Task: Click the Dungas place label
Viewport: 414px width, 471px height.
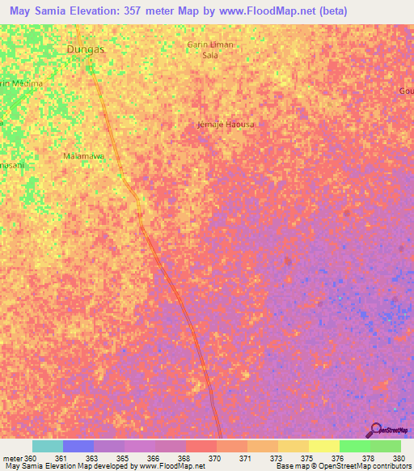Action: tap(86, 49)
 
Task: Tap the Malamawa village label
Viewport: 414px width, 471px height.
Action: tap(84, 155)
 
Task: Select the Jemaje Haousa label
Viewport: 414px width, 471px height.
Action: tap(221, 125)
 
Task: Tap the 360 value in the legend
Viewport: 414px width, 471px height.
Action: tap(31, 458)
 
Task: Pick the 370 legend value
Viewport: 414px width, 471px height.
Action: tap(214, 458)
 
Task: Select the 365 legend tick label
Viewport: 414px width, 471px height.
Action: tap(123, 458)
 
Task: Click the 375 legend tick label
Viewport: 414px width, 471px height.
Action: tap(307, 458)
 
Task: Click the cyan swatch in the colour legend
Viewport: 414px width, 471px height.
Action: tap(47, 446)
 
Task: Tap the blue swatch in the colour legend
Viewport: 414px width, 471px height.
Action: tap(78, 446)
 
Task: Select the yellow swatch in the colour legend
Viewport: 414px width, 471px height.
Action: tap(323, 446)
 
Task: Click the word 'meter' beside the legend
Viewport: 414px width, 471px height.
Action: tap(13, 458)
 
